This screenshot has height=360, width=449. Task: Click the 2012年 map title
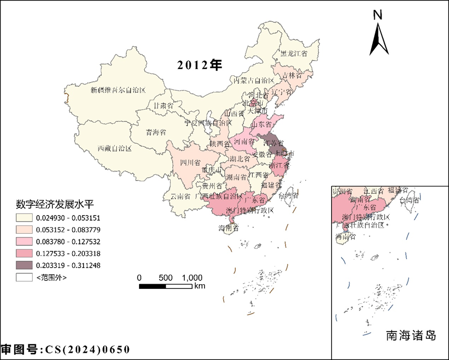[x=199, y=65]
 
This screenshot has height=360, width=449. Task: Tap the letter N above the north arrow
[x=378, y=15]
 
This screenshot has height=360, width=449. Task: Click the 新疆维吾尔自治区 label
[x=118, y=90]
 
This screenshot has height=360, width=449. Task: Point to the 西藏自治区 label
[x=115, y=149]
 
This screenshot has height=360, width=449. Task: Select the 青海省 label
[x=155, y=132]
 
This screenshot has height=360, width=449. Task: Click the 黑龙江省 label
[x=294, y=54]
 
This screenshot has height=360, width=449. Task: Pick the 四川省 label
[x=190, y=163]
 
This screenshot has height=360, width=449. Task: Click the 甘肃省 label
[x=162, y=105]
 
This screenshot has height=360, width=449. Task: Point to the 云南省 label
[x=181, y=196]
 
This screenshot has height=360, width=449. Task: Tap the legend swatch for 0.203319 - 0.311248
[x=24, y=265]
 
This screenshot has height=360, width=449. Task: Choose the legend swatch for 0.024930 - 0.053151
[x=24, y=217]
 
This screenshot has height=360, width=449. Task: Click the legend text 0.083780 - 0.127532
[x=69, y=241]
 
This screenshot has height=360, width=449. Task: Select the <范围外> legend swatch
[x=24, y=277]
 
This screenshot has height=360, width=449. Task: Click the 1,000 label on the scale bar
[x=192, y=277]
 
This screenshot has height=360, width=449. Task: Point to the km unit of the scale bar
[x=200, y=286]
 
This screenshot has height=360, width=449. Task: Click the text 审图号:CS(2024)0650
[x=65, y=350]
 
